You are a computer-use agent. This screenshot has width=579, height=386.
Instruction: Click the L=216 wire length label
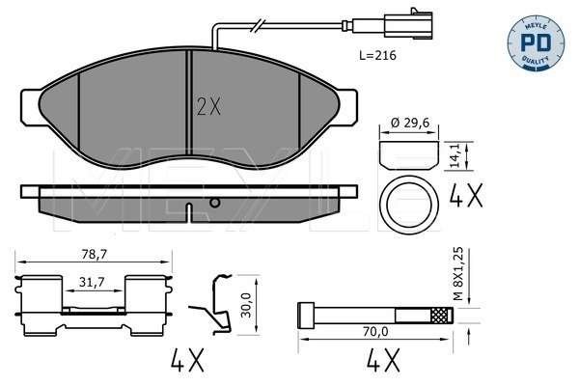tap(377, 55)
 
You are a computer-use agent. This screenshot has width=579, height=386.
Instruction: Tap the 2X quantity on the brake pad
tap(209, 107)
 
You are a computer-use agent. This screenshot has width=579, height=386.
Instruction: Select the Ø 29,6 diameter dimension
tap(410, 123)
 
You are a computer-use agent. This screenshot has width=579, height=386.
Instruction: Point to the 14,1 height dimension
tap(455, 155)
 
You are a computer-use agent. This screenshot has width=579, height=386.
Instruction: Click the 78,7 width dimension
tap(94, 254)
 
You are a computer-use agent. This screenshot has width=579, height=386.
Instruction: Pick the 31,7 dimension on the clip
tap(93, 282)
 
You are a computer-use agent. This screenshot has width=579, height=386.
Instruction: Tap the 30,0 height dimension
tap(246, 305)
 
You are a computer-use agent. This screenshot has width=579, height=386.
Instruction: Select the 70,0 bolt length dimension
tap(375, 332)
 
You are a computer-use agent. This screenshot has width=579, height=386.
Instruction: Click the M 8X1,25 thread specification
tap(458, 274)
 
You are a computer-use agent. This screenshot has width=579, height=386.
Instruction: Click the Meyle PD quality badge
tap(536, 43)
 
